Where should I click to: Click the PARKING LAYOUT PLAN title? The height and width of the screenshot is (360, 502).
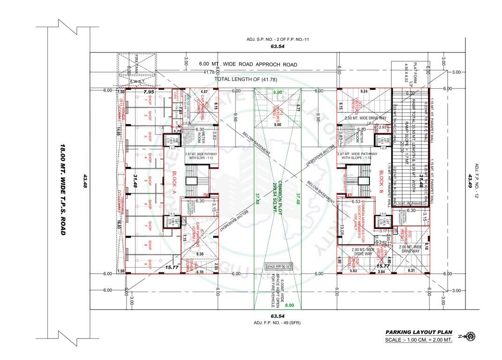coord(419,332)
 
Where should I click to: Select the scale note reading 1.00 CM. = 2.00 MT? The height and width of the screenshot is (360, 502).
coord(419,340)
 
